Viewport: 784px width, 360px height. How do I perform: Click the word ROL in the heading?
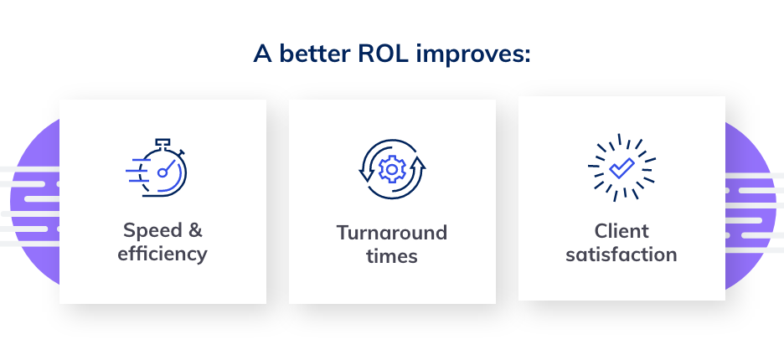[x=383, y=53]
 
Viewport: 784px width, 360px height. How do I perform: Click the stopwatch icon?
[x=157, y=167]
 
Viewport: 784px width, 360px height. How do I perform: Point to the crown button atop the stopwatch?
[x=162, y=143]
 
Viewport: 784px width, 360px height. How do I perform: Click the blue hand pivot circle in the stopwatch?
[x=162, y=173]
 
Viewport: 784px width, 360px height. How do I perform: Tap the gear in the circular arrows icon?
[x=392, y=169]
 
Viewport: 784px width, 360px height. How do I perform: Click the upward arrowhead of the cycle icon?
[x=419, y=163]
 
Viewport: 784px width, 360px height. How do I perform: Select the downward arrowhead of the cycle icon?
[x=365, y=174]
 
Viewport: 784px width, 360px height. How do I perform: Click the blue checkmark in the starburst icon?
[x=622, y=168]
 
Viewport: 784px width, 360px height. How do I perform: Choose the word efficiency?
[x=162, y=254]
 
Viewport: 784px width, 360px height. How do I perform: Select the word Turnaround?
[x=392, y=233]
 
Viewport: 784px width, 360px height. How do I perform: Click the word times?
[x=392, y=256]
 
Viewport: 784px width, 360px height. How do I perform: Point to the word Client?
[x=622, y=231]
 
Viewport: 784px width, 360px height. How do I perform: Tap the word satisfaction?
[x=622, y=255]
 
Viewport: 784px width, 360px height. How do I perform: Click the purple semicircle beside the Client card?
[x=750, y=205]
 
